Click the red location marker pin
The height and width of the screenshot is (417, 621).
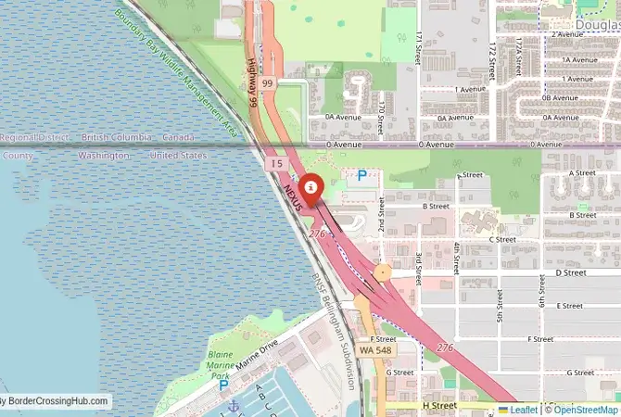(x=313, y=187)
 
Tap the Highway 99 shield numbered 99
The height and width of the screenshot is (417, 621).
(x=268, y=83)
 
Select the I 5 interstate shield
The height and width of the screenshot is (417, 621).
(x=277, y=163)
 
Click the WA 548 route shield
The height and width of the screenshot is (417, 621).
(x=376, y=350)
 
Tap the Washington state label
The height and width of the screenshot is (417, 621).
(x=104, y=156)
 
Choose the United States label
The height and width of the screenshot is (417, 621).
(x=178, y=156)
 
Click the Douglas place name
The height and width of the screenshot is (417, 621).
(x=598, y=19)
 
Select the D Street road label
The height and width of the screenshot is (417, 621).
(x=571, y=273)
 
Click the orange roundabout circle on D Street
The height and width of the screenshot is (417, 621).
(x=382, y=272)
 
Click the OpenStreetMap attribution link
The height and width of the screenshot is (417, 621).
(x=584, y=409)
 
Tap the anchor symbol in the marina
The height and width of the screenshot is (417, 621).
(x=234, y=406)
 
